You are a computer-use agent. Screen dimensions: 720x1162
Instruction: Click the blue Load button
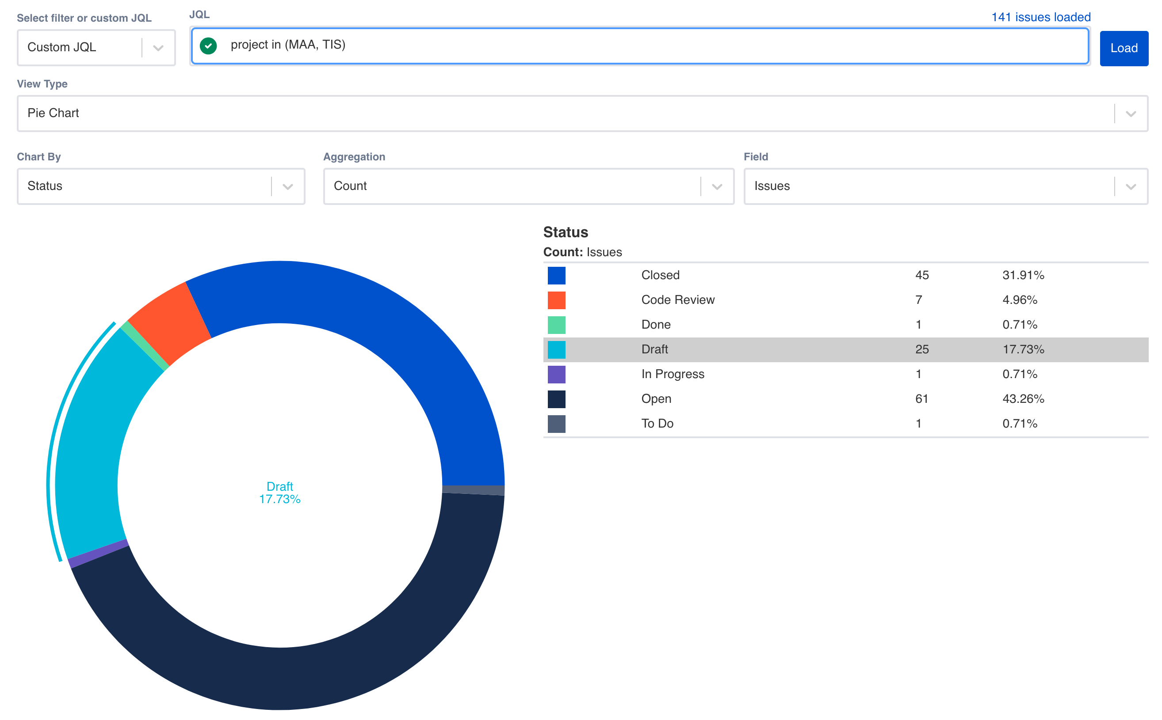click(1124, 48)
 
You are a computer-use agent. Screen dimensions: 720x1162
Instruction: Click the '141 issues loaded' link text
click(1040, 17)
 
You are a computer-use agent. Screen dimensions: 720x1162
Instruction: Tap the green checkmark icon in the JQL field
click(208, 45)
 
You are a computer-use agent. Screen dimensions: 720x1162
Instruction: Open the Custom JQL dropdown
click(96, 47)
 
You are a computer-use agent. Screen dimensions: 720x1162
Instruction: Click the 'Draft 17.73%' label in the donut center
click(280, 493)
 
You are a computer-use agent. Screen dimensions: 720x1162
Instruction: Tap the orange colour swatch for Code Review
click(556, 300)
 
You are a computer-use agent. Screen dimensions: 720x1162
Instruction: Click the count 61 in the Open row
click(921, 399)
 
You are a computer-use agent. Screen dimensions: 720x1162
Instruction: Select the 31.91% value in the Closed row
click(1023, 275)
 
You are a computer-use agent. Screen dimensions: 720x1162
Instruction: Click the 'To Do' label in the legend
click(657, 424)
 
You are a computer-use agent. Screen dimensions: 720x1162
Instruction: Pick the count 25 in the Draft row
click(921, 349)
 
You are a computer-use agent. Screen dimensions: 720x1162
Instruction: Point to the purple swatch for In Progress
click(556, 374)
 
